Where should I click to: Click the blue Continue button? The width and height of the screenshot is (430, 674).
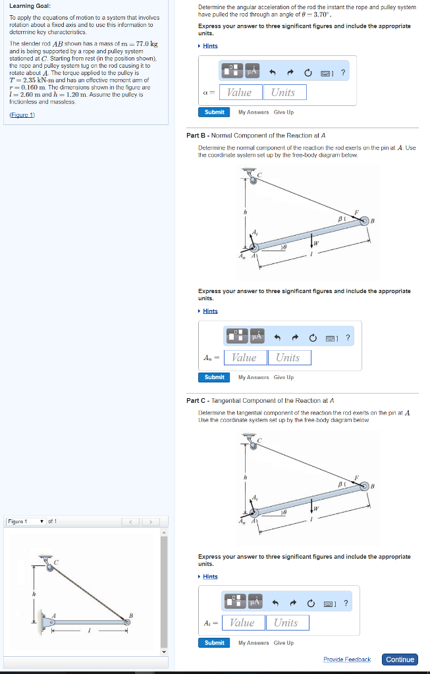[400, 660]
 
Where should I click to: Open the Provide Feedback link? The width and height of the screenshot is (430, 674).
[346, 660]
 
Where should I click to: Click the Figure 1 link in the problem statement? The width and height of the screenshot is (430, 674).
[22, 115]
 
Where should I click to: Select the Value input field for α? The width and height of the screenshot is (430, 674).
[240, 93]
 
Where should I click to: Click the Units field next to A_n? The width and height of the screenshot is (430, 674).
[288, 358]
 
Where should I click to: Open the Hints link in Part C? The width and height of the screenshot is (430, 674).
[210, 577]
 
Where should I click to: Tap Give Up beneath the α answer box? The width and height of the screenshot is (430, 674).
[284, 113]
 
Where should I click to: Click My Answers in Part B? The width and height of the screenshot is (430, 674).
[253, 378]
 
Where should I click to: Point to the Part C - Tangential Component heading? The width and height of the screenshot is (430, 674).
[261, 400]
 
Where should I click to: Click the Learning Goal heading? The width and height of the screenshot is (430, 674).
[26, 7]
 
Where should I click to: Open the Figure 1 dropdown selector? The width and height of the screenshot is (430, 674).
[26, 522]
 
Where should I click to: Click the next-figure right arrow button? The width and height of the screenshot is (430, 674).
[151, 522]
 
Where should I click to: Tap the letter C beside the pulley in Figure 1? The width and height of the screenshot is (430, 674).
[57, 561]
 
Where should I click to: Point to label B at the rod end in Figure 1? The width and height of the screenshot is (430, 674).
[131, 615]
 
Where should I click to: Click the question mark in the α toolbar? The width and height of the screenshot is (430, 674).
[343, 72]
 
